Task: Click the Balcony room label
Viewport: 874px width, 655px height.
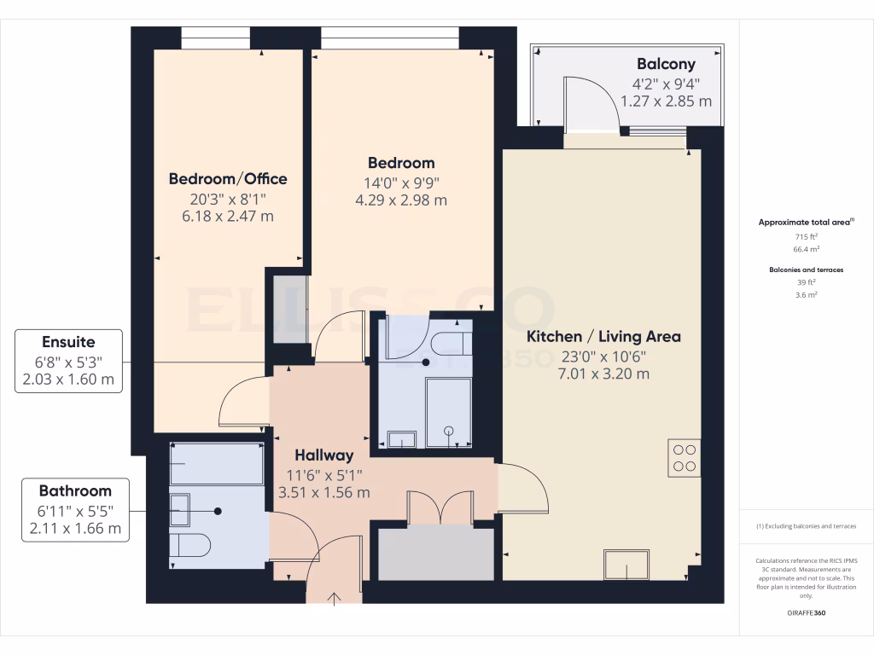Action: point(666,64)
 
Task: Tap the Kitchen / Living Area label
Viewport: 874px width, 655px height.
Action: point(603,336)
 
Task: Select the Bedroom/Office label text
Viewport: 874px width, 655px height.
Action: point(228,178)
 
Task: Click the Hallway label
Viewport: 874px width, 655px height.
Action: point(324,455)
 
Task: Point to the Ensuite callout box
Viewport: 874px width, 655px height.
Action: point(69,361)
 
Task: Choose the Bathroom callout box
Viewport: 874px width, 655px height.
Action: point(75,509)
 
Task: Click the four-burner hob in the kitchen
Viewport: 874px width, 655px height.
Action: point(685,457)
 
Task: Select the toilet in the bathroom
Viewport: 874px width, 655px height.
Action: point(189,545)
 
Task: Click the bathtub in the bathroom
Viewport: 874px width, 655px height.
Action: point(217,463)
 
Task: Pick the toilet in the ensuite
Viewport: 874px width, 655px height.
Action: point(450,343)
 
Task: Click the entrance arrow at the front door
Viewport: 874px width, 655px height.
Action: point(334,597)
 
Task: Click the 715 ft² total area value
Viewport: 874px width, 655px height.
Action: point(806,235)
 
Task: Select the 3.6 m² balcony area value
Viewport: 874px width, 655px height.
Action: point(806,294)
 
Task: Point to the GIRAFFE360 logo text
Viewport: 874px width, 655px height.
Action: point(806,612)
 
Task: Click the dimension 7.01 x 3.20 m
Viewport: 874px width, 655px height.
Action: point(603,374)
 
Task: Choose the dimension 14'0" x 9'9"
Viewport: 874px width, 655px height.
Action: point(401,182)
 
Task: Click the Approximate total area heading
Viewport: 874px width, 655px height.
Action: point(806,222)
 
